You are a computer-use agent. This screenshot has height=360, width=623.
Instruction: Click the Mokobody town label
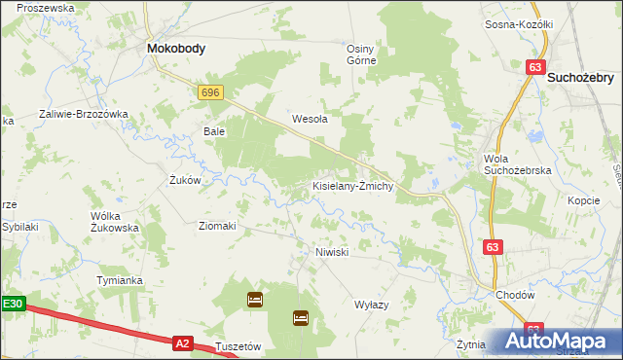[x=175, y=48]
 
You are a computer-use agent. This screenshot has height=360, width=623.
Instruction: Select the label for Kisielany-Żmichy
[x=352, y=186]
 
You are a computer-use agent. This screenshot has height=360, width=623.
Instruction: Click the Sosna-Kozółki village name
[x=519, y=24]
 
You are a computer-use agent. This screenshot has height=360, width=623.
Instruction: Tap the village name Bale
[x=214, y=130]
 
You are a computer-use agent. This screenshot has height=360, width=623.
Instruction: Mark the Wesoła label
[x=310, y=120]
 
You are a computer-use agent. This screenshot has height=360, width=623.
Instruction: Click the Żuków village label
[x=184, y=180]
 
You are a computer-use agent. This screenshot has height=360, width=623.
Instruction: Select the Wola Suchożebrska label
[x=518, y=164]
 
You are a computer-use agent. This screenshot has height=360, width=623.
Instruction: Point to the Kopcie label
[x=583, y=199]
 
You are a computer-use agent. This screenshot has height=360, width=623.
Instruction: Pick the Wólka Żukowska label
[x=115, y=221]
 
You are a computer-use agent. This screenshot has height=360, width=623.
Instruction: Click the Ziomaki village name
[x=218, y=226]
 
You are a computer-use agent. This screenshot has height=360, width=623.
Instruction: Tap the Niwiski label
[x=332, y=251]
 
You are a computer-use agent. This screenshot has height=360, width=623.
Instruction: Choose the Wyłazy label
[x=371, y=305]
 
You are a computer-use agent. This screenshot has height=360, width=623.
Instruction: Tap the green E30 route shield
[x=11, y=304]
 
